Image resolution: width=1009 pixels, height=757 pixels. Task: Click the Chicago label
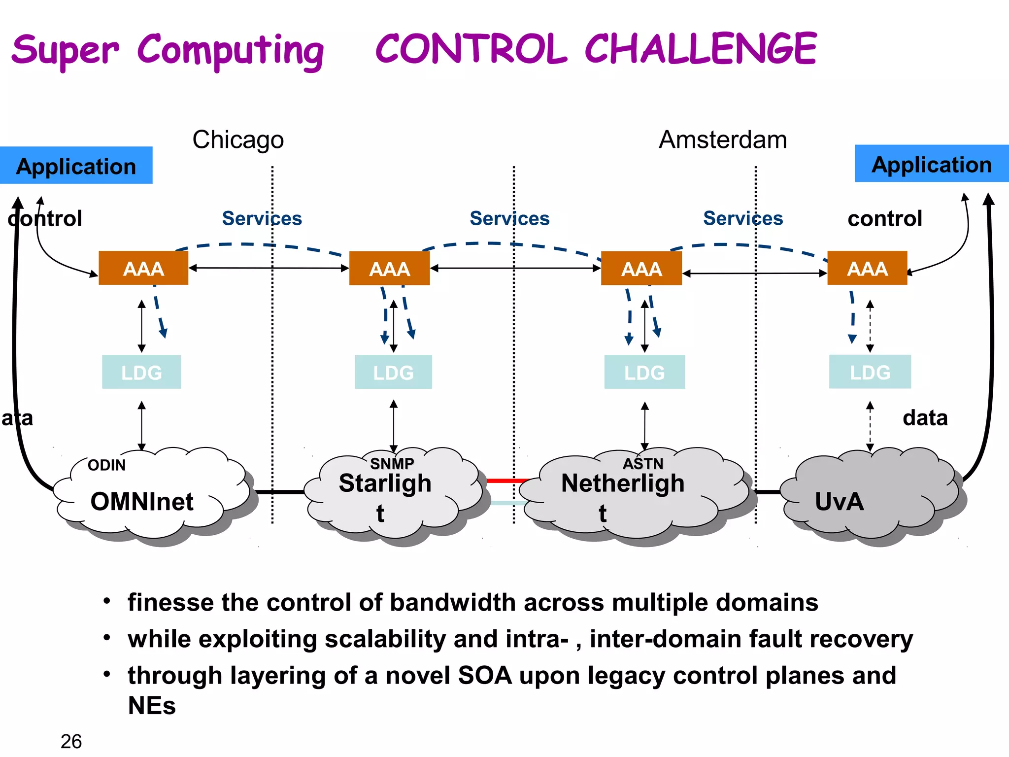tap(238, 140)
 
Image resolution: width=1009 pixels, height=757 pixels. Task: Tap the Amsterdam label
tap(722, 140)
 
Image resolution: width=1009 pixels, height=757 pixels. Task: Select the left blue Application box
tap(76, 166)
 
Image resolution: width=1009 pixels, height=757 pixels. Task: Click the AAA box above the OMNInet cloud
tap(143, 269)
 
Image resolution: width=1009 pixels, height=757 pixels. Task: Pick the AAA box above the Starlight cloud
tap(389, 269)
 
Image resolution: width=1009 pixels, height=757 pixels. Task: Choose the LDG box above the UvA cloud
tap(870, 372)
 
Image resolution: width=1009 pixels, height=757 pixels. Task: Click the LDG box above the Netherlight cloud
tap(644, 373)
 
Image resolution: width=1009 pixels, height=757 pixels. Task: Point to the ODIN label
tap(106, 465)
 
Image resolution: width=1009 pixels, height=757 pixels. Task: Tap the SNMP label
tap(392, 463)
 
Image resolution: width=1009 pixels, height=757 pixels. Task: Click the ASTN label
tap(643, 464)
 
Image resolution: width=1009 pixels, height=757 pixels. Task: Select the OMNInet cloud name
tap(142, 502)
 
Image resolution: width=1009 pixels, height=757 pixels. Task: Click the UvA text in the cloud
tap(839, 502)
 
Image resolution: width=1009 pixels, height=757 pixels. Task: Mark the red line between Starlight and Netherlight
tap(507, 480)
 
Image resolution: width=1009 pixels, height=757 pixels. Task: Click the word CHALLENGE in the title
tap(701, 49)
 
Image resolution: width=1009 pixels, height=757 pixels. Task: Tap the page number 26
tap(71, 741)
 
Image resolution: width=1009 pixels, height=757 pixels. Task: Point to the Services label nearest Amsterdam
tap(742, 218)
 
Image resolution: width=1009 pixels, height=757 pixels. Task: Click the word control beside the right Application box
tap(884, 218)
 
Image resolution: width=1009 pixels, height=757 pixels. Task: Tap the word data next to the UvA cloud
tap(925, 418)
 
